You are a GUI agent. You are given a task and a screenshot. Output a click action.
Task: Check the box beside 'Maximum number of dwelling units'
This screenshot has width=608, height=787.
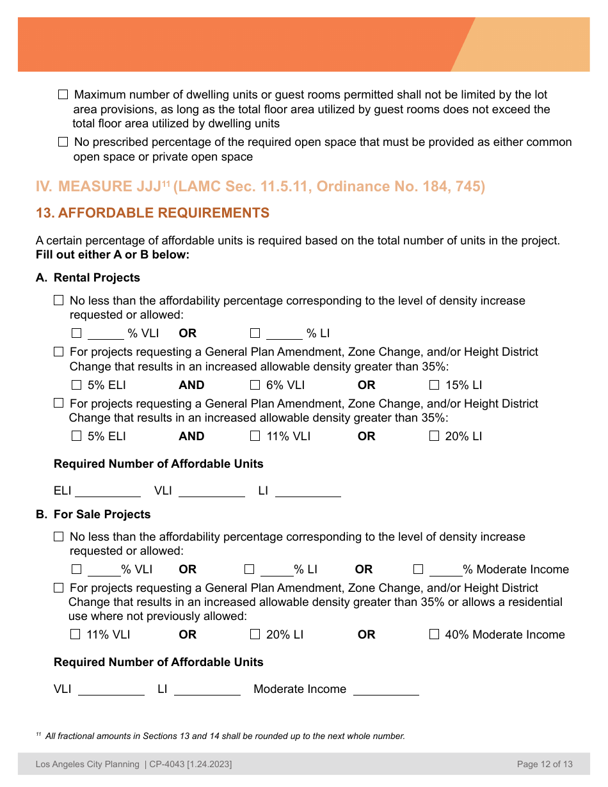tap(63, 95)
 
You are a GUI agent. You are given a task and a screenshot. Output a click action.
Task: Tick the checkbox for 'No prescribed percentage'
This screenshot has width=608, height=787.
tap(63, 142)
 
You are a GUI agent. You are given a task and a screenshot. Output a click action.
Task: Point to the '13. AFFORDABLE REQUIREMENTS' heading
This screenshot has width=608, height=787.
tap(152, 213)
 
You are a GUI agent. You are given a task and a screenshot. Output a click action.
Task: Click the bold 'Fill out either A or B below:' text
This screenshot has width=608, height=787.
tap(113, 255)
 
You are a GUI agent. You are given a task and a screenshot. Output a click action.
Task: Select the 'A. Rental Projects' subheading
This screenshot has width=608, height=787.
tap(88, 278)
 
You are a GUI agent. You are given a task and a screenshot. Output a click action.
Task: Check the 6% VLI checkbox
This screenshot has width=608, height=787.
tap(255, 385)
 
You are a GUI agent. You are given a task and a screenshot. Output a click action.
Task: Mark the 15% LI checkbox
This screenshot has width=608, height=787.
tap(434, 385)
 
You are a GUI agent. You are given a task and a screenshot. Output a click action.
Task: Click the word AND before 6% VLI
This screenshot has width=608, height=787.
tap(191, 385)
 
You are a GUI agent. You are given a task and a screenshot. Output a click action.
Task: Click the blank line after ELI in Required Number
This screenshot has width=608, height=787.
tap(108, 491)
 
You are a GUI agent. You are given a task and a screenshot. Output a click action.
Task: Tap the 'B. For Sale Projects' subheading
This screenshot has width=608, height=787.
tap(93, 514)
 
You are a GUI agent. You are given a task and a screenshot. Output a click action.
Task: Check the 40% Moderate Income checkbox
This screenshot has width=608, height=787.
tap(434, 635)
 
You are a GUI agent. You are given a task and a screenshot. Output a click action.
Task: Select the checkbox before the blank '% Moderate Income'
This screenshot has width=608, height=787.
tap(418, 569)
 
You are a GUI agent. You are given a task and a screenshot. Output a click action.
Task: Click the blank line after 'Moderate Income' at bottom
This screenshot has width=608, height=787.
tap(386, 690)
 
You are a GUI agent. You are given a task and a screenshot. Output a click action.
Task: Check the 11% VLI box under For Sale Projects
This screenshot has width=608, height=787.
tap(76, 635)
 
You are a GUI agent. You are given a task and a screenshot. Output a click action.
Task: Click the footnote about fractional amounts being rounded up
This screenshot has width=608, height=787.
tap(221, 736)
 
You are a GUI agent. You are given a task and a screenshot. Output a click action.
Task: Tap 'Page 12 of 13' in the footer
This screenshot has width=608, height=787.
tap(545, 764)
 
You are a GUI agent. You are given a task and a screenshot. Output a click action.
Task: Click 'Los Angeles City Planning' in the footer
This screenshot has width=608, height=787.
tap(88, 764)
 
